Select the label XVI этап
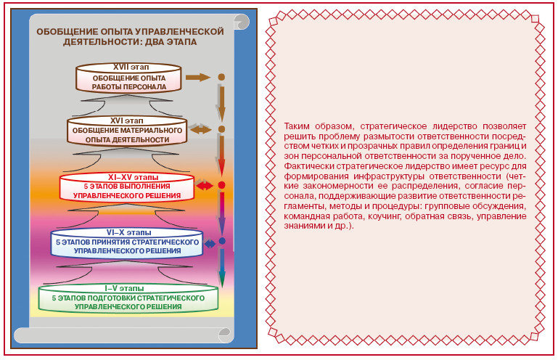click(x=127, y=120)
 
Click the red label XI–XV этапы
click(x=133, y=177)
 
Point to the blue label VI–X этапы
click(x=129, y=232)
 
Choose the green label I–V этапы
click(x=124, y=288)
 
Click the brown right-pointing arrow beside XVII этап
click(x=198, y=77)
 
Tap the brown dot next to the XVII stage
click(x=221, y=77)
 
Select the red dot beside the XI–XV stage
click(x=221, y=185)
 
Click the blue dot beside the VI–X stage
click(x=222, y=241)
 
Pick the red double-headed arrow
click(x=205, y=185)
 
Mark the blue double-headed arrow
click(x=210, y=244)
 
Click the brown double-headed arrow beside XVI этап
click(x=201, y=129)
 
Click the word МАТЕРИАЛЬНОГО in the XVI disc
click(x=148, y=131)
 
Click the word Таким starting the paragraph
click(x=297, y=126)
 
